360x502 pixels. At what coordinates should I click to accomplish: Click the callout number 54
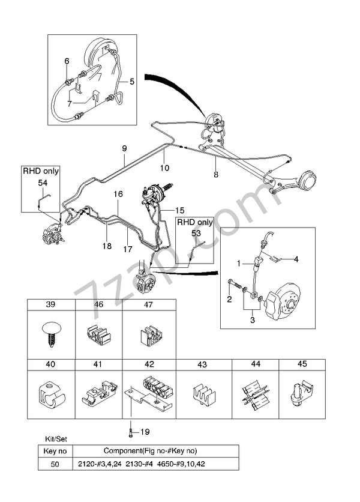coord(43,183)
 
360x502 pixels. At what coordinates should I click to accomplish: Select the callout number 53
coord(196,233)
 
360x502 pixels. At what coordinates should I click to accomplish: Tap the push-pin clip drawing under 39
coord(50,334)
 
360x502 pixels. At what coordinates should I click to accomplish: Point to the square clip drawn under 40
coord(52,394)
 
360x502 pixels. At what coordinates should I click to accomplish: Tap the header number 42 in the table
coord(149,364)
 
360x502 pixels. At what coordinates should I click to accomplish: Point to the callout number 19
coord(145,432)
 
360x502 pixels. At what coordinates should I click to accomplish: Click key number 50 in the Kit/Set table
coord(55,464)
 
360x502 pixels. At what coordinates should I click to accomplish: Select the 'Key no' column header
coord(55,451)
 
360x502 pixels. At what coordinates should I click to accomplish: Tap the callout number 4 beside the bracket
coord(296,259)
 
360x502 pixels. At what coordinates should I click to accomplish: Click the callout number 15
coord(180,210)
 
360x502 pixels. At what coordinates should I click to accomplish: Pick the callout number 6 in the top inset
coord(67,61)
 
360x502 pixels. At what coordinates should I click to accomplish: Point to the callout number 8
coord(216,175)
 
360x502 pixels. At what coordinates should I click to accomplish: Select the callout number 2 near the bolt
coord(229,300)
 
